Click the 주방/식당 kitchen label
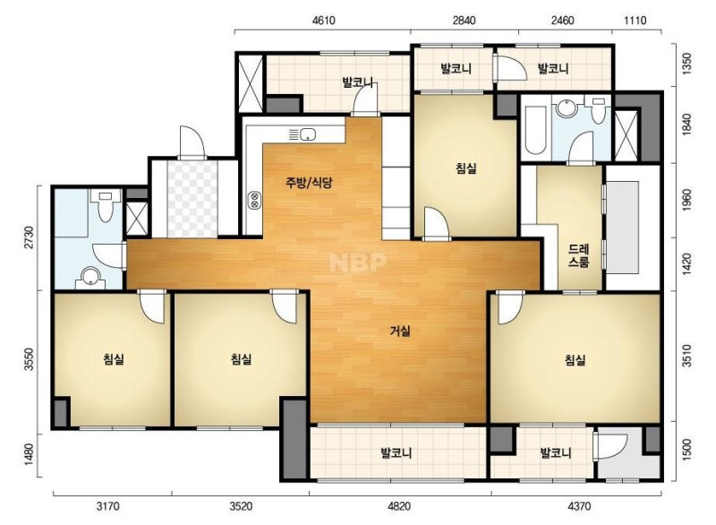click(x=309, y=183)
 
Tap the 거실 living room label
click(x=400, y=331)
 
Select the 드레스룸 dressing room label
click(x=578, y=256)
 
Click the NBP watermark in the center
click(x=358, y=262)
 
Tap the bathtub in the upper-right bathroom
click(x=535, y=130)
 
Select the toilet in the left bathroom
click(x=106, y=205)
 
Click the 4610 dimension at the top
click(x=323, y=21)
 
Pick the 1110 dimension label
click(x=635, y=21)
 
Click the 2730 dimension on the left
click(x=30, y=238)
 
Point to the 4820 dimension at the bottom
click(x=398, y=506)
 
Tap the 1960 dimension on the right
click(x=686, y=200)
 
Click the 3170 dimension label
click(x=107, y=506)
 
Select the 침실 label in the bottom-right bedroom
click(x=575, y=360)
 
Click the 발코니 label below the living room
click(x=396, y=452)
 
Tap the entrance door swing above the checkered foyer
click(x=192, y=142)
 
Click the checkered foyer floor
click(x=192, y=198)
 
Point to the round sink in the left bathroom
click(x=91, y=276)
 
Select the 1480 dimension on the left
click(x=30, y=455)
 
